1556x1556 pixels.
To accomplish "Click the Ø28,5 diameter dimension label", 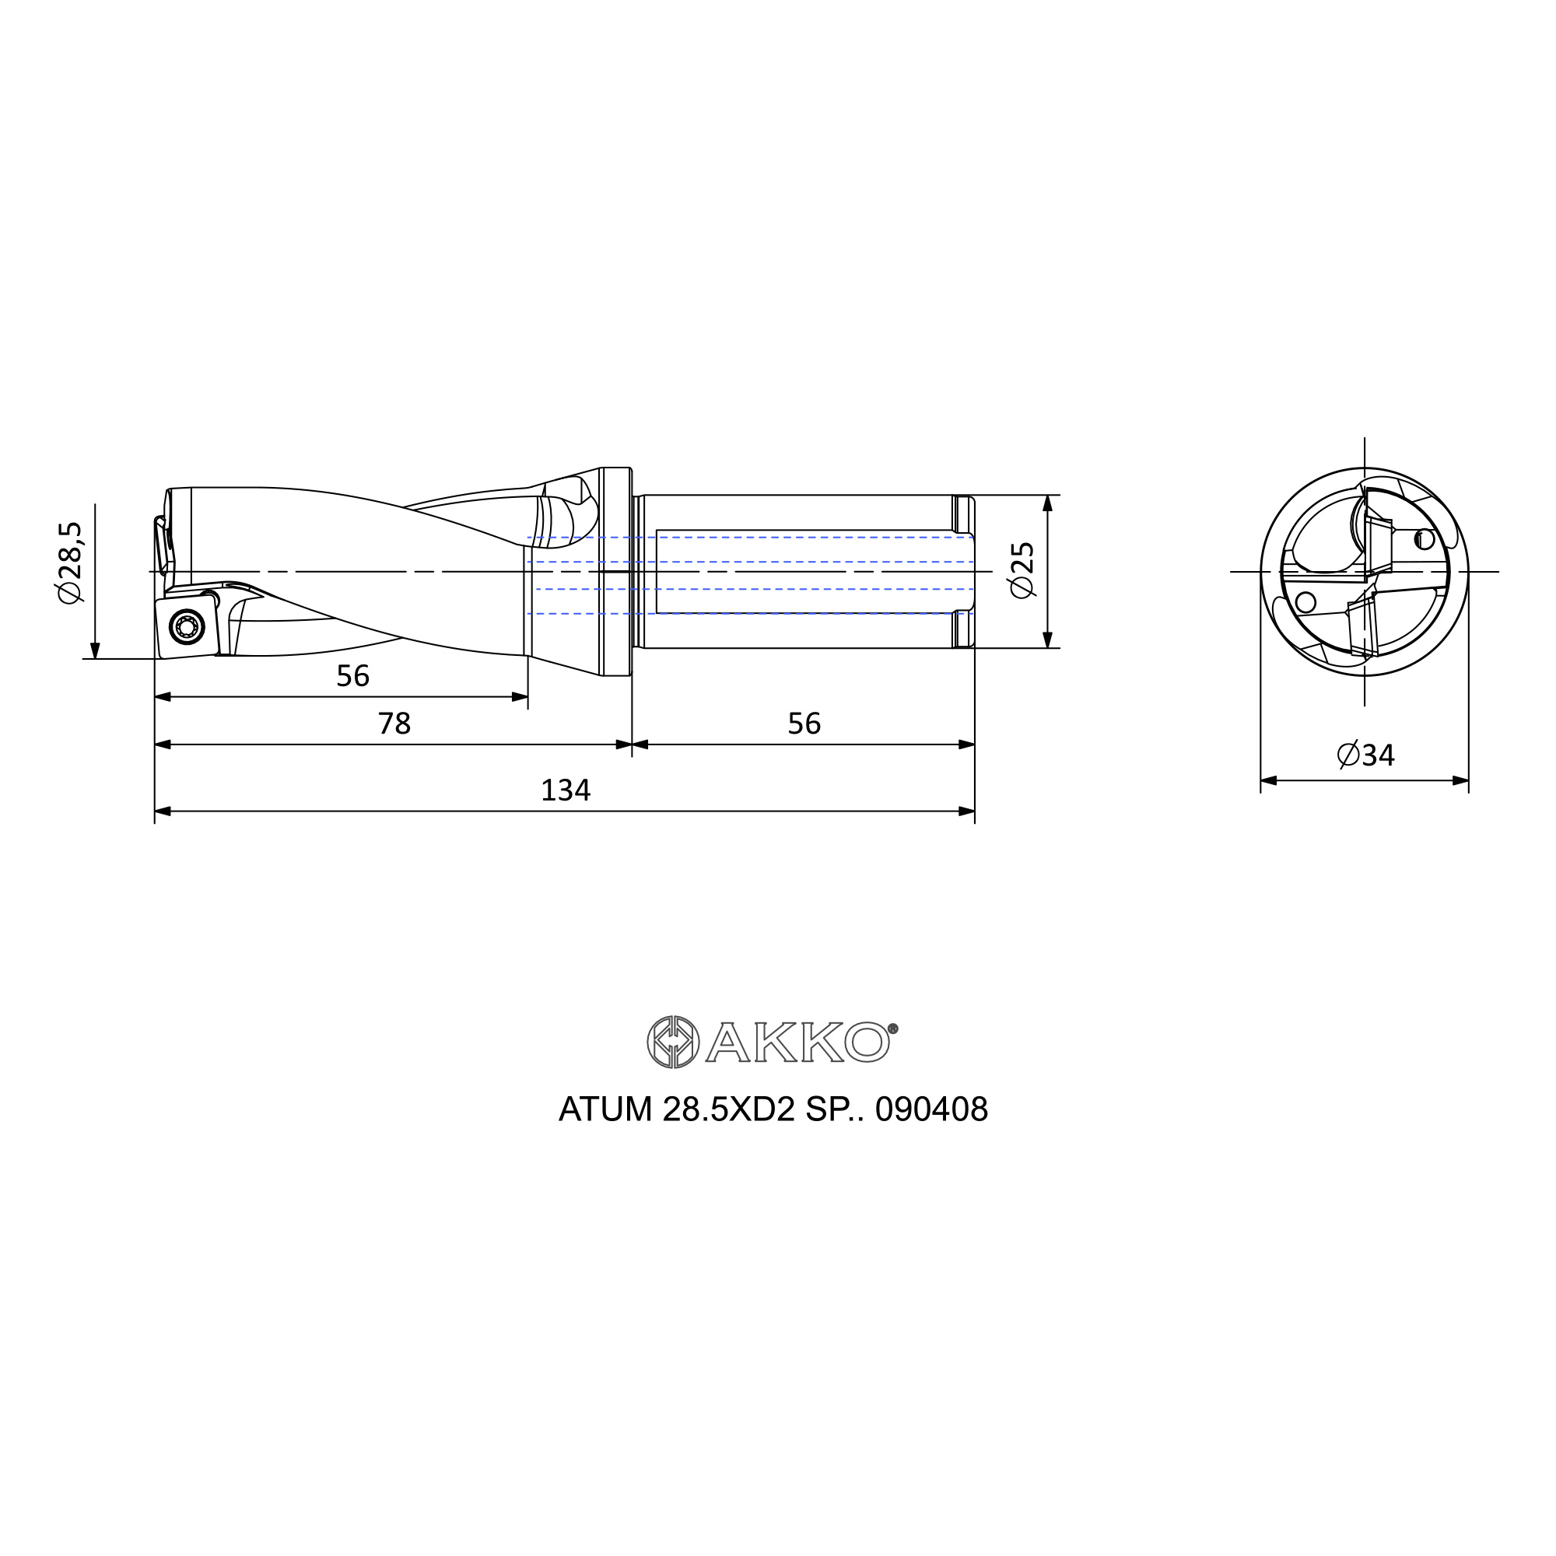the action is [70, 562].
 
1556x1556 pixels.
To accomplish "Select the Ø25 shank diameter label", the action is [1022, 570].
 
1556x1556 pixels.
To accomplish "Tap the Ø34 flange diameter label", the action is [1366, 755].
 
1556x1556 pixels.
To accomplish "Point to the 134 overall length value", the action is [566, 790].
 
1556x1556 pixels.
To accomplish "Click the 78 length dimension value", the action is [394, 724].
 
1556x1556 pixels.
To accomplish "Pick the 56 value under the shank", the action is [804, 724].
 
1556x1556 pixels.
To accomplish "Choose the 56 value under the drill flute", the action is [352, 676].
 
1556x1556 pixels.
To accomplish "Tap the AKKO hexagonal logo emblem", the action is [673, 1043].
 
